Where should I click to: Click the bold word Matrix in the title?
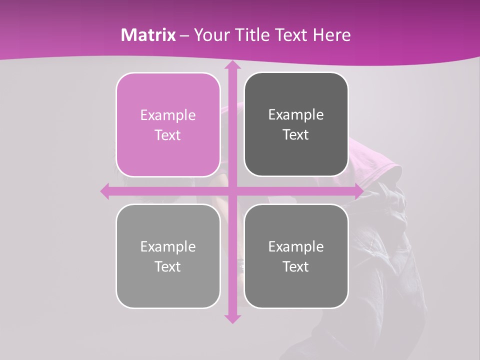[x=148, y=35]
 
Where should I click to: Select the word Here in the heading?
[x=331, y=35]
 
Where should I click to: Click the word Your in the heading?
[x=210, y=35]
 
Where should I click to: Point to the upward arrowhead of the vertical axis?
[x=232, y=66]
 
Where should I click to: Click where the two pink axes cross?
[x=232, y=191]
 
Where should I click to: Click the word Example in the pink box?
[x=168, y=115]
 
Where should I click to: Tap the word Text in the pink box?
[x=168, y=135]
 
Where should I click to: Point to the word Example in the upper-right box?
[x=296, y=114]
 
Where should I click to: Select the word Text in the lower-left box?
[x=168, y=266]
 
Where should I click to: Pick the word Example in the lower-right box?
[x=296, y=246]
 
